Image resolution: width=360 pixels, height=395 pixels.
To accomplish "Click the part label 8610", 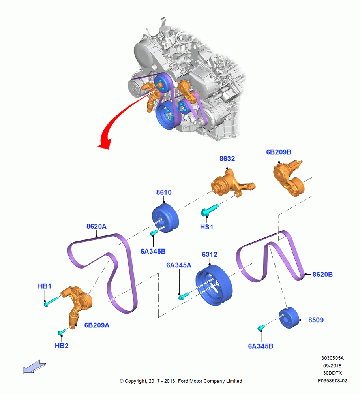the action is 164,192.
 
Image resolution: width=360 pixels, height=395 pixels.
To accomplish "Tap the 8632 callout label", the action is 227,159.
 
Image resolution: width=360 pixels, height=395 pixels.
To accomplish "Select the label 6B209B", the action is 279,152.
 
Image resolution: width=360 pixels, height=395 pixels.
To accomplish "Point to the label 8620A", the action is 96,226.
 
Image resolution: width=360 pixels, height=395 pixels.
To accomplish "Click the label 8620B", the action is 322,275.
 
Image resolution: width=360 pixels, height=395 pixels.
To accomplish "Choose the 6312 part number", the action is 210,254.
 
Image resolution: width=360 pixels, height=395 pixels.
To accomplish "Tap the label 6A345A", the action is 178,265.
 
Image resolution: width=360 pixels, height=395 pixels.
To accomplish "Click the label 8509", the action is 316,320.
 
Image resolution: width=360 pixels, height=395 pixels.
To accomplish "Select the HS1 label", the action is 206,227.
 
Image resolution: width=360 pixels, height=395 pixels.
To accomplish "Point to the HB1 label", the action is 45,286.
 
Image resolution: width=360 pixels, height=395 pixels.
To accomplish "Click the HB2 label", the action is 62,346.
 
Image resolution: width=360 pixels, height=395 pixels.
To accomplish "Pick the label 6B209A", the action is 97,325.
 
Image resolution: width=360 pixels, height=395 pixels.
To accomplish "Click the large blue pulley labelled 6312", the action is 214,286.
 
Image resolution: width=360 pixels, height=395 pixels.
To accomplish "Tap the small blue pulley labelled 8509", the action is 289,318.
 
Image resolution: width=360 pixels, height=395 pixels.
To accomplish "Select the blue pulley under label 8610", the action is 165,219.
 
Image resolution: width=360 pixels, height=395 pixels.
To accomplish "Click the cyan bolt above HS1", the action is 210,210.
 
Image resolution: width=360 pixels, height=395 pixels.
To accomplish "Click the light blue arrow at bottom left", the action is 34,367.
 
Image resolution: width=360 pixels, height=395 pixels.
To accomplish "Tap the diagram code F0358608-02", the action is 332,381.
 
